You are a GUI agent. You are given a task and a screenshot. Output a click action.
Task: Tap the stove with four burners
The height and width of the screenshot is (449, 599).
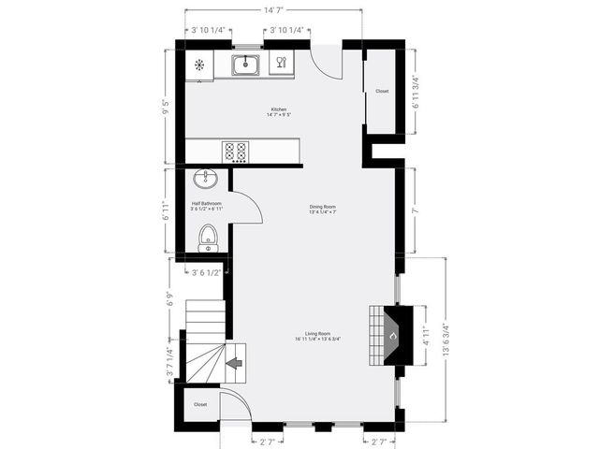click(x=236, y=151)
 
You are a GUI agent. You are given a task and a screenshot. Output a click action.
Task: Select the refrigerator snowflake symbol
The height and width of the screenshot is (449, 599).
click(x=199, y=65)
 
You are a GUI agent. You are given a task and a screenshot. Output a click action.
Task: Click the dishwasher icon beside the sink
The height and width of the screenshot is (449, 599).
click(x=280, y=65)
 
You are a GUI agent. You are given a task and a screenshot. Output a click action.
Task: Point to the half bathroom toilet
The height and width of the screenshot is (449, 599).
click(x=208, y=239)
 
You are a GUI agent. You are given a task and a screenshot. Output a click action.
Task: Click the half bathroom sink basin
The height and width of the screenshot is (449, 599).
click(x=206, y=179)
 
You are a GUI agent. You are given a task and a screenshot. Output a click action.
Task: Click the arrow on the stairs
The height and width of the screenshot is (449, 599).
click(x=234, y=360)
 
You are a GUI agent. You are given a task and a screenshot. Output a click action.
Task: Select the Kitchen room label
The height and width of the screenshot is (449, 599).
click(x=279, y=109)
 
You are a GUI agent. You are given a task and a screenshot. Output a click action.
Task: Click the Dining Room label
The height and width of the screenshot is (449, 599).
click(x=323, y=207)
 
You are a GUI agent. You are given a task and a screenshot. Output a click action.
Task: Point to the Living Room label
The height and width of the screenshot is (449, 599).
click(x=317, y=334)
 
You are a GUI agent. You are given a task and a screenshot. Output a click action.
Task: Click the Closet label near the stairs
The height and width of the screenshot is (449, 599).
click(x=200, y=405)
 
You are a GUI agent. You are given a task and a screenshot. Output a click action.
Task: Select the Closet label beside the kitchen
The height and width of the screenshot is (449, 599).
click(x=382, y=91)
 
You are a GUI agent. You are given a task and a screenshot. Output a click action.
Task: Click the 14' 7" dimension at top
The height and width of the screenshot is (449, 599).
click(x=273, y=9)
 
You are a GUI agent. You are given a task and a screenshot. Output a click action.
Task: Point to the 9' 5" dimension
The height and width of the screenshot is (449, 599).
click(x=166, y=106)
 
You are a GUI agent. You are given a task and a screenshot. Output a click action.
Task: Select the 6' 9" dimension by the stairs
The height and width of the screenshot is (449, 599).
click(x=169, y=300)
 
